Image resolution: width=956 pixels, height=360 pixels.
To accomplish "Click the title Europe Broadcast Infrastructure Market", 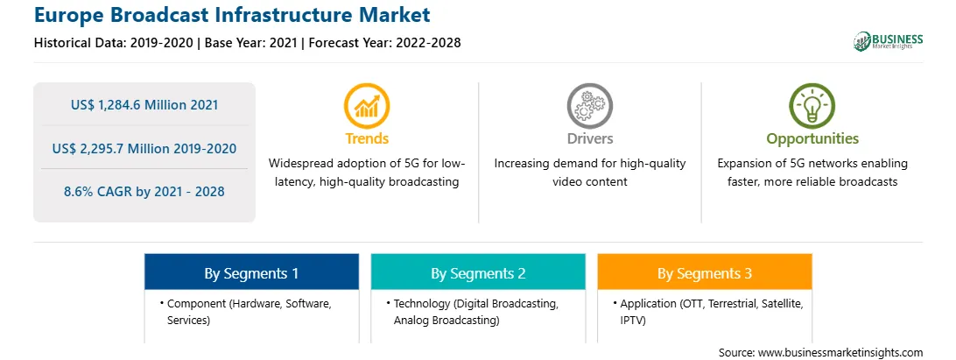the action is (232, 15).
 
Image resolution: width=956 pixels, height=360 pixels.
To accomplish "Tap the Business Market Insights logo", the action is (888, 41).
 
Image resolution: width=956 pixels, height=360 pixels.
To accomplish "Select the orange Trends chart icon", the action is (367, 106).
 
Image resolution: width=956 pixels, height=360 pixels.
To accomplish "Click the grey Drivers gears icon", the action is (589, 106).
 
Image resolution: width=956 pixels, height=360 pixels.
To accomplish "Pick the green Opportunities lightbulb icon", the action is (812, 106).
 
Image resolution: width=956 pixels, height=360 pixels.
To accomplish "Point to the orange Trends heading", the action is (367, 138).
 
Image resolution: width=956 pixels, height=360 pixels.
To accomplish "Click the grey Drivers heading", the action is (589, 138).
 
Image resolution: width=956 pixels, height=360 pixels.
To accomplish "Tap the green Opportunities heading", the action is (812, 139).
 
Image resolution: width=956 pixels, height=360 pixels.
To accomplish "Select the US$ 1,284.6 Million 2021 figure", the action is (144, 105).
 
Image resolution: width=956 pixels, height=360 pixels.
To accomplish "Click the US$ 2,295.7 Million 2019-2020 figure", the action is (144, 148).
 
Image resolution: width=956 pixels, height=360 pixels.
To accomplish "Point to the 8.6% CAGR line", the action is (144, 192).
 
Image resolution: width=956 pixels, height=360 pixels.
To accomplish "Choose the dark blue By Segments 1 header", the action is (251, 272).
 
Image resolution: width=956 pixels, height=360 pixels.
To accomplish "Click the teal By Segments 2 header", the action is (478, 272).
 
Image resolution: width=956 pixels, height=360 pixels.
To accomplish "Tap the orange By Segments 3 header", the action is (705, 272).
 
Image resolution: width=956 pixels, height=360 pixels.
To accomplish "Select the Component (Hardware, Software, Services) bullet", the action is (246, 311).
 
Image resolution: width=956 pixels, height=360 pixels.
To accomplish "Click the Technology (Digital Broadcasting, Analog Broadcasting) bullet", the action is (472, 311).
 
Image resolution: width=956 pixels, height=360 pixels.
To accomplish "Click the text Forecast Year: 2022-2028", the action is (384, 43).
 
